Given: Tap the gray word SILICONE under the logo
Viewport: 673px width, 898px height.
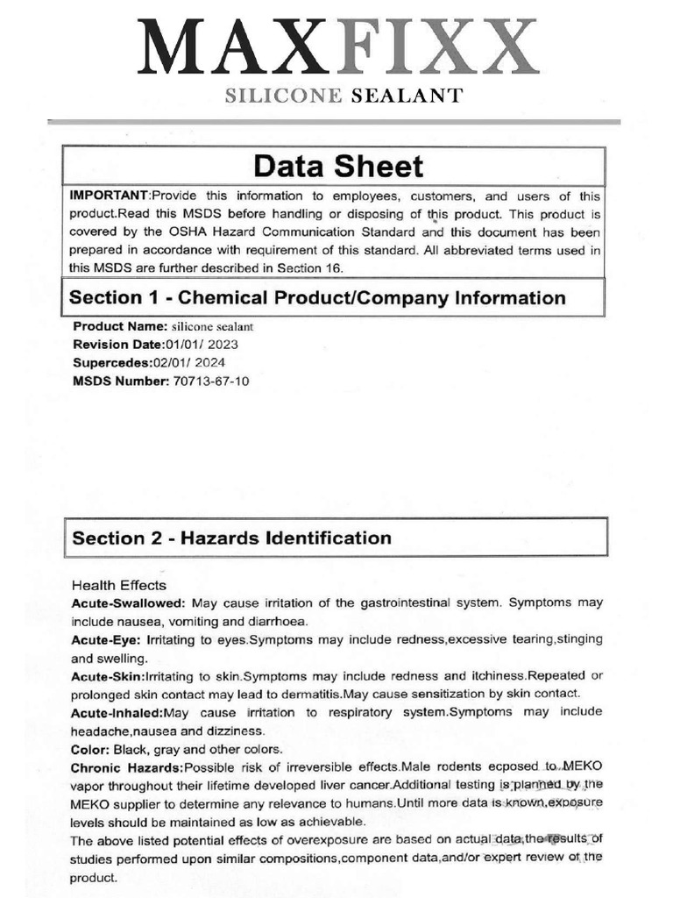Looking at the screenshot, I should [283, 96].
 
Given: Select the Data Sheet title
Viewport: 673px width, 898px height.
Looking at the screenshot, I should [337, 167].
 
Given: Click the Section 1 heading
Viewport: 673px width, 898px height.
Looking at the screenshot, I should [317, 298].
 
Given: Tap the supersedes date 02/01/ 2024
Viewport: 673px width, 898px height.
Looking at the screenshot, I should [201, 362].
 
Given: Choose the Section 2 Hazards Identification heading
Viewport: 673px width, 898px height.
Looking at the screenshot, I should [231, 538].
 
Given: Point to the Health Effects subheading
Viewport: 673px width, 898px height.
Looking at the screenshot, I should [118, 585].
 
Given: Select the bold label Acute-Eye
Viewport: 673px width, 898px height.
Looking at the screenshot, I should [106, 640].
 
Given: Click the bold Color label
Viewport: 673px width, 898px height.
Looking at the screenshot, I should [90, 749].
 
